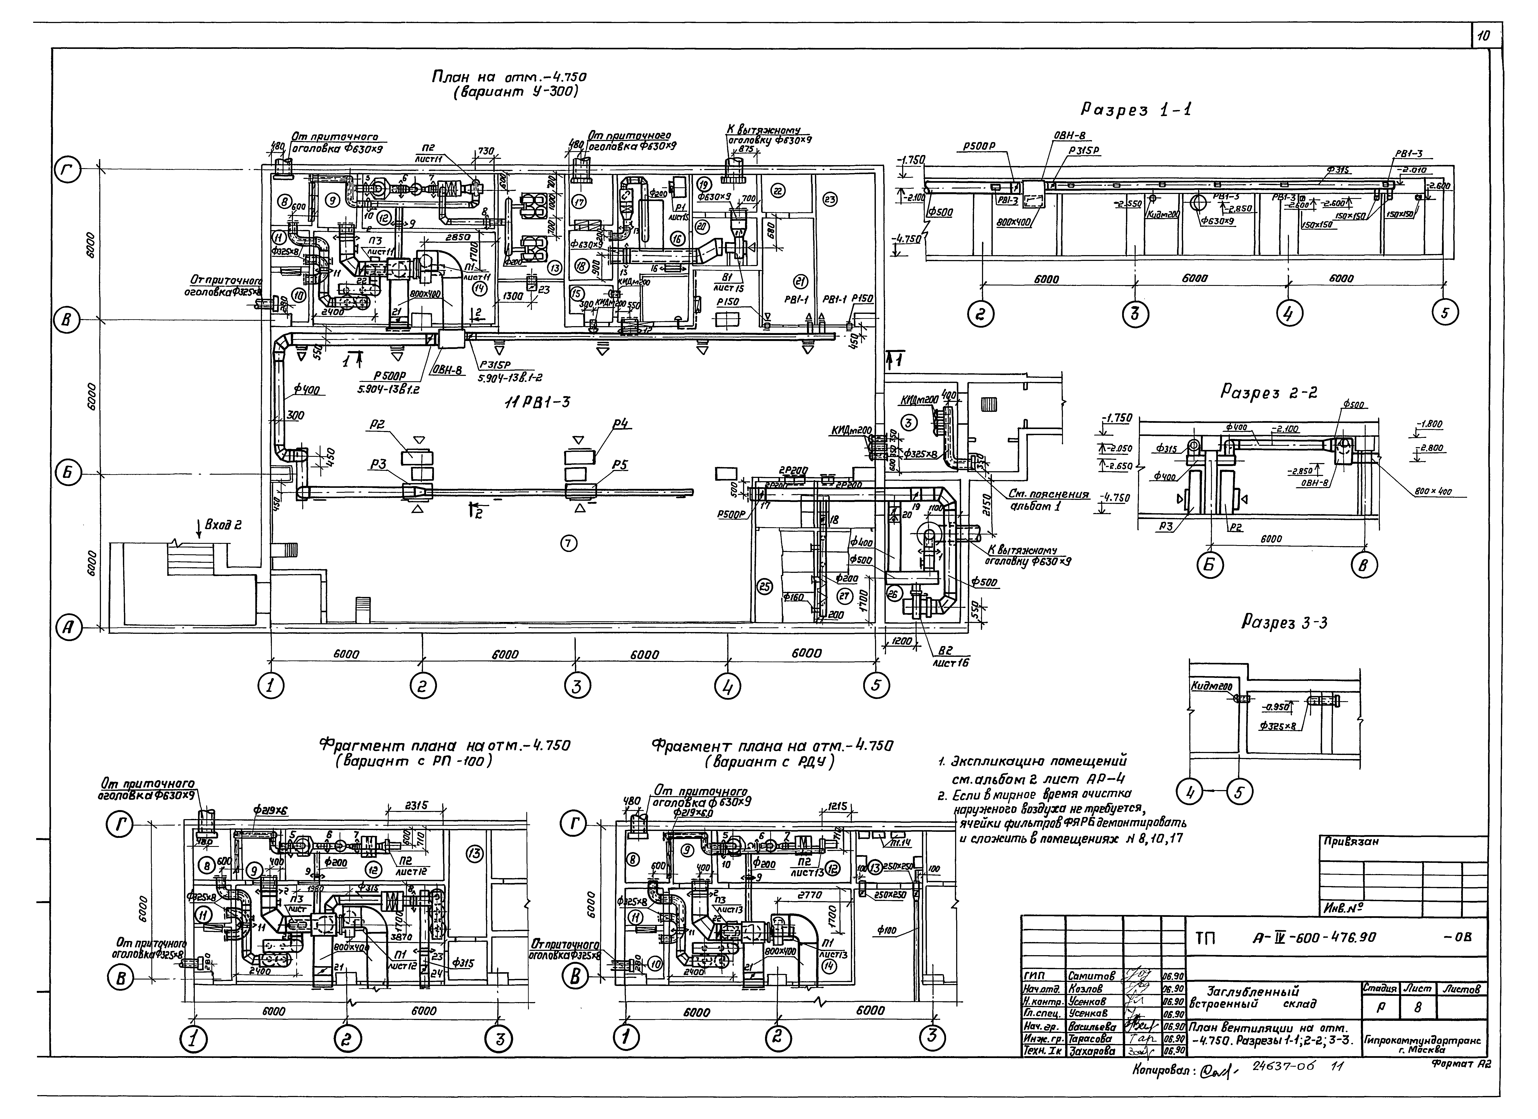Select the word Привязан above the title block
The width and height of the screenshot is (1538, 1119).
[1352, 842]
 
